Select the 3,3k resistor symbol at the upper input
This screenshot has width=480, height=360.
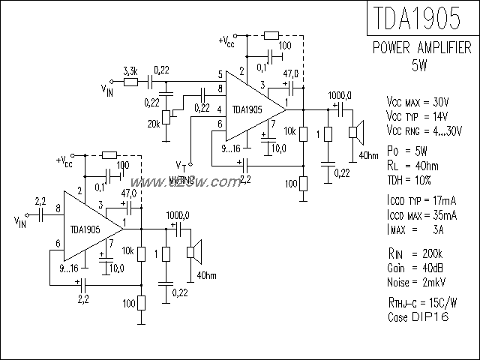(x=130, y=80)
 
